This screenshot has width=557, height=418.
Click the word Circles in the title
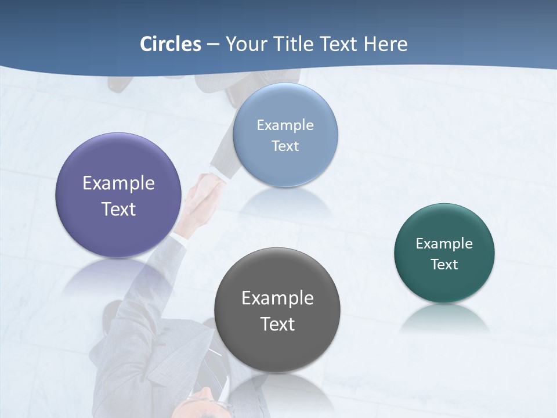coord(171,44)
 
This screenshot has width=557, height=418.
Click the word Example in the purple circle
coord(118,183)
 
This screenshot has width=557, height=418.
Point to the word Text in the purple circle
coord(118,209)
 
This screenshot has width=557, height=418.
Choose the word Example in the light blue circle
coord(285,125)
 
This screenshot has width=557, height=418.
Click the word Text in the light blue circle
coord(285,146)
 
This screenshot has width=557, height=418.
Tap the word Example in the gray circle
coord(277,298)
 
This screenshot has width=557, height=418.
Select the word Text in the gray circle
coord(277,324)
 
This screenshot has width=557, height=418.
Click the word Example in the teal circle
coord(444,244)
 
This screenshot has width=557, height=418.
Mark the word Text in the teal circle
coord(444,265)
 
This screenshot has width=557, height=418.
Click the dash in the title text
coord(213,45)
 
